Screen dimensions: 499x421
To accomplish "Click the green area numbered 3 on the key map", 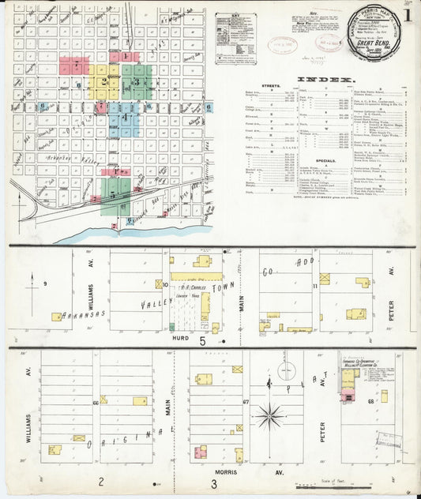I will pos(137,81).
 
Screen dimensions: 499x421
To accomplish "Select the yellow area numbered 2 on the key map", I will pos(103,82).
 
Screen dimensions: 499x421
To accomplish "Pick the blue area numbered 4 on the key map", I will pos(124,117).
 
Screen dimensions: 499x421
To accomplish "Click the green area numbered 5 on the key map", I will pos(115,193).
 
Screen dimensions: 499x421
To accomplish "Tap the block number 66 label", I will pos(96,403).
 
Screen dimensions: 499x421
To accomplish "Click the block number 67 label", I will pos(246,401).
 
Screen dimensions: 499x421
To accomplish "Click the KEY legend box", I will pos(234,37).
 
